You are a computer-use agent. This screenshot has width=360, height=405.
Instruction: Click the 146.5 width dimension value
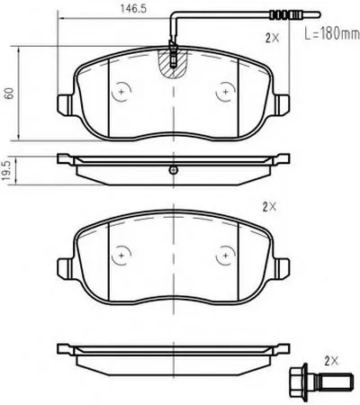(133, 9)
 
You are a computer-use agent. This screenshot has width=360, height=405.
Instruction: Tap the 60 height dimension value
(10, 94)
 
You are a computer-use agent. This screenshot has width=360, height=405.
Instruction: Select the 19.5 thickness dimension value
(7, 170)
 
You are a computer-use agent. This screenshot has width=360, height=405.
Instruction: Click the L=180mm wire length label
(332, 33)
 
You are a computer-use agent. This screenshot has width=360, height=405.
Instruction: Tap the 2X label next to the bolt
(331, 360)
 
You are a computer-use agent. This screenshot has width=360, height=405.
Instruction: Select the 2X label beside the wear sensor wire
(272, 38)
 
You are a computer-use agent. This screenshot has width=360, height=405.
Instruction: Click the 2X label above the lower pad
(269, 207)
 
